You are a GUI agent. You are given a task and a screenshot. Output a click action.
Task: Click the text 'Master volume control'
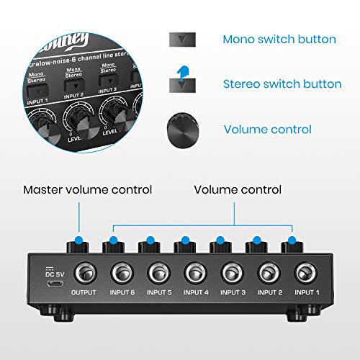click(88, 190)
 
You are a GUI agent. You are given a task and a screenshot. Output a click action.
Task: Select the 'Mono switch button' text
click(279, 39)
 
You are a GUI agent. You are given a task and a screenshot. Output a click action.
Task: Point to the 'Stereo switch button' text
click(282, 84)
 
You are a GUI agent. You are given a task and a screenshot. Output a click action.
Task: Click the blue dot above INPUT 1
click(292, 240)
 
